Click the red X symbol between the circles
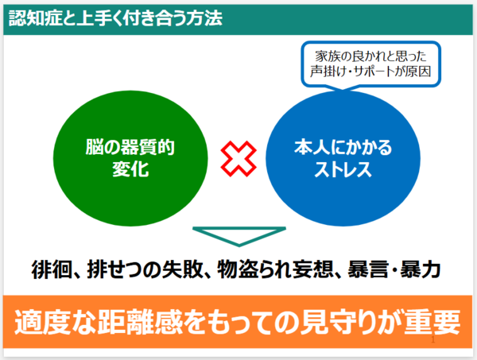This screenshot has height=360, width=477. (238, 159)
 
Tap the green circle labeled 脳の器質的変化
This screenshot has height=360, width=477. (130, 158)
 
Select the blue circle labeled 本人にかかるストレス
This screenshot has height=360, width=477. (343, 158)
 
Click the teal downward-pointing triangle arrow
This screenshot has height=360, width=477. (239, 236)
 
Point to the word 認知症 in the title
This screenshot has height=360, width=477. (35, 18)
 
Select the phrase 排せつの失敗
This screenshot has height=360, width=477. (145, 269)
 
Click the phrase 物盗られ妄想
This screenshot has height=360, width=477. (275, 269)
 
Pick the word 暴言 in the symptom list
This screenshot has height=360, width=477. (368, 269)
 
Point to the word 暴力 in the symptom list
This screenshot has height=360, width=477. (421, 269)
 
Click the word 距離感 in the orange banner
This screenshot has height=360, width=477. (141, 322)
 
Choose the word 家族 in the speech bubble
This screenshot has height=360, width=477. (327, 56)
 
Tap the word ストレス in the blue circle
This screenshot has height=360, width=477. (343, 169)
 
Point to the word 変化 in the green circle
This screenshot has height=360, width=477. (130, 169)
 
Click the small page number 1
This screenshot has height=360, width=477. (433, 340)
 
